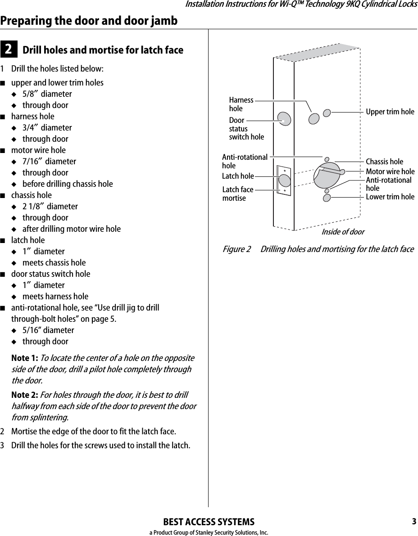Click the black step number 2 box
tap(9, 50)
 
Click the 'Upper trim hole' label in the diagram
tap(390, 112)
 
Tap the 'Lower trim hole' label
tap(390, 197)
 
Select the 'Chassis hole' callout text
tap(384, 162)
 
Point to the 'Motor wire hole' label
tap(390, 171)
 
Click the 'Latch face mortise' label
tap(238, 194)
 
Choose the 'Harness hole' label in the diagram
tap(241, 104)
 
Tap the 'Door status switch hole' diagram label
tap(246, 129)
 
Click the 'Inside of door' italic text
tap(342, 232)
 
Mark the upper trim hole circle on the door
tap(327, 113)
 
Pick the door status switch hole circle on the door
tap(284, 119)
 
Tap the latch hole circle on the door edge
tap(284, 180)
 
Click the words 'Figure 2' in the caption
tap(237, 249)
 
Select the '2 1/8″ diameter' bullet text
tap(50, 207)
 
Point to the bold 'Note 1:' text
tap(25, 358)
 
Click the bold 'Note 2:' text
tap(25, 395)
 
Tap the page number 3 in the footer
tap(413, 522)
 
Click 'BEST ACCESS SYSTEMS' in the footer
tap(209, 522)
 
